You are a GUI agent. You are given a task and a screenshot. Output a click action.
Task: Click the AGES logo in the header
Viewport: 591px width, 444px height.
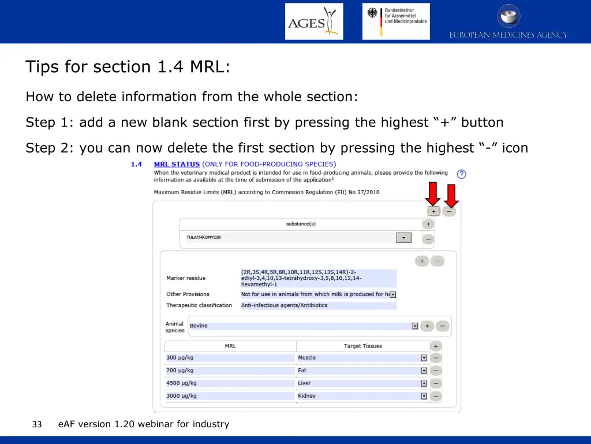[x=314, y=22]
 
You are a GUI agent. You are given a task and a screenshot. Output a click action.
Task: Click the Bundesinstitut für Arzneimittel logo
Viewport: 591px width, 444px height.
[x=396, y=21]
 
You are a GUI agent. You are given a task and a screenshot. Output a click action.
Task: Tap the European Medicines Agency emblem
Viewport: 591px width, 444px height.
[x=508, y=16]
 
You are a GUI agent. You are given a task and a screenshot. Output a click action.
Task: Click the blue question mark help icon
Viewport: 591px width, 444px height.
[x=461, y=174]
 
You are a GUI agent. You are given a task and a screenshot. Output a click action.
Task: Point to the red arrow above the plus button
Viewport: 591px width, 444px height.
[x=433, y=194]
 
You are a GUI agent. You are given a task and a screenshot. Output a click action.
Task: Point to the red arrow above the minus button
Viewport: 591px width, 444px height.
[x=451, y=195]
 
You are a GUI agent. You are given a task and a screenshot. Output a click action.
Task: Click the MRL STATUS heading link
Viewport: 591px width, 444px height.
[x=177, y=164]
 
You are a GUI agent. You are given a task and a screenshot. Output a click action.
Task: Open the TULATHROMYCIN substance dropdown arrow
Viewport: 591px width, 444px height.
[x=403, y=238]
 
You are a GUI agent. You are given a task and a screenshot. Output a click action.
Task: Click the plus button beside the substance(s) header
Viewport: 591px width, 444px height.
[x=428, y=224]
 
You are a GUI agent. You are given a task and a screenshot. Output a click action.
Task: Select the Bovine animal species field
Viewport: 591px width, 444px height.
[x=300, y=326]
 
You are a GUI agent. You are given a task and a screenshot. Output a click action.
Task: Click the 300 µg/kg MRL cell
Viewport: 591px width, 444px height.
[x=230, y=358]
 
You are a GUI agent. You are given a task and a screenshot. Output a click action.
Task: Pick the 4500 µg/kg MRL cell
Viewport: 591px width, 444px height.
[x=230, y=383]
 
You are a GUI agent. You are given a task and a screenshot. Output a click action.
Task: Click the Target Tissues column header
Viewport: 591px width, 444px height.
[x=362, y=346]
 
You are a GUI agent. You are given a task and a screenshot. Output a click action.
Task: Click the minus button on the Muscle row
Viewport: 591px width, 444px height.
[x=436, y=358]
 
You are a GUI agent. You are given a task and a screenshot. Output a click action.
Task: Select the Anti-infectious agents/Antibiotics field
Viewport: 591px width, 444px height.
[x=319, y=305]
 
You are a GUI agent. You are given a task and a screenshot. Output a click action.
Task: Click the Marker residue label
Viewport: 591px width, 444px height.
[x=186, y=278]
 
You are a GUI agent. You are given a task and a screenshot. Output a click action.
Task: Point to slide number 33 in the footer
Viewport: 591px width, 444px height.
[x=37, y=424]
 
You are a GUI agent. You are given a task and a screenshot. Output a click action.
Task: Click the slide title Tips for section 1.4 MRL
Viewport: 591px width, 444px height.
[x=128, y=67]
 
